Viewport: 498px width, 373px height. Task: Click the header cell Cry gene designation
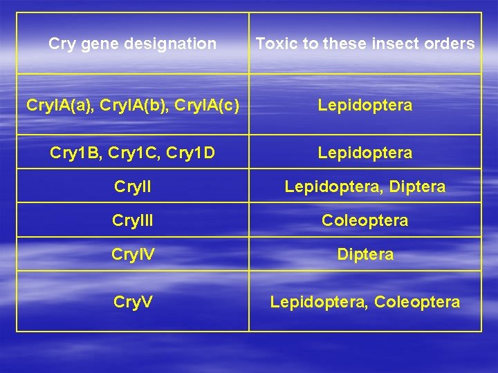pos(132,44)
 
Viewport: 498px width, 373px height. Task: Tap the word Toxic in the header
pos(272,44)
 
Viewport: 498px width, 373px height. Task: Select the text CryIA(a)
pos(59,105)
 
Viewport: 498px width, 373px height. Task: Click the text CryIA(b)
pos(133,105)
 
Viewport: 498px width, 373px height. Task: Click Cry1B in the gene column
pos(72,153)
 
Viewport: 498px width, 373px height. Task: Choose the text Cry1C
pos(133,153)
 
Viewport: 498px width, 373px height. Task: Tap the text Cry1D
pos(193,153)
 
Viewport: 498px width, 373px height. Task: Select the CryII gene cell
pos(132,186)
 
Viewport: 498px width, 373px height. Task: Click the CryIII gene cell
pos(132,220)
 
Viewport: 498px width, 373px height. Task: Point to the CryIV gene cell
pos(132,254)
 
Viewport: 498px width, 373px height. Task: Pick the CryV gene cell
pos(132,302)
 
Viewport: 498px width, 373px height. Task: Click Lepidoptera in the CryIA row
pos(365,105)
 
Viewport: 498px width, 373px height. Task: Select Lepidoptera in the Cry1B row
pos(365,153)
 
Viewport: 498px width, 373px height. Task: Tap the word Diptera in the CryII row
pos(417,186)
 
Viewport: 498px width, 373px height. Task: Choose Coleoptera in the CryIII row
pos(365,220)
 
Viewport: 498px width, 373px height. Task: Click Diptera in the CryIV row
pos(365,254)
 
